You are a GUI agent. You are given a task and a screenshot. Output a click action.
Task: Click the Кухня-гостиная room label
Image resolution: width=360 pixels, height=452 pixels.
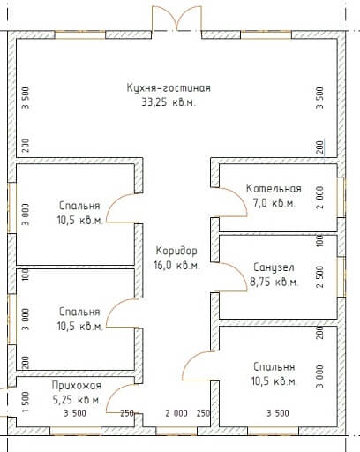coord(169,88)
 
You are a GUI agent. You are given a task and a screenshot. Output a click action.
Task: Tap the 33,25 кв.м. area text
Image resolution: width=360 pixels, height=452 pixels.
coord(169,102)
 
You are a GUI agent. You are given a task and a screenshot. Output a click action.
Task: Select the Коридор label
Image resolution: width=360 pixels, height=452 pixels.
coord(176,251)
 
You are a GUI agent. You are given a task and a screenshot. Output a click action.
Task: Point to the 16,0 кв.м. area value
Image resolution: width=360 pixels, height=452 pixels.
coord(176,265)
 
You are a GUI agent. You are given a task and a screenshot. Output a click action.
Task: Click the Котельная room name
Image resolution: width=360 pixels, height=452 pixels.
coord(274,188)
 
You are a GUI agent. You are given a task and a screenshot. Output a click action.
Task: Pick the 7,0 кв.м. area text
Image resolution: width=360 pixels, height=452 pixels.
coord(274,203)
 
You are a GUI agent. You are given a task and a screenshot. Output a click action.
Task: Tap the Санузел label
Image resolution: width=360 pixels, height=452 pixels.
coord(274,267)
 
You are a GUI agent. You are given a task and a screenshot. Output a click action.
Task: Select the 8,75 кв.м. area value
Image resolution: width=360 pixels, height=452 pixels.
coord(274,282)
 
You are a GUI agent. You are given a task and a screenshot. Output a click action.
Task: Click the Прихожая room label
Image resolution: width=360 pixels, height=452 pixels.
coord(77,385)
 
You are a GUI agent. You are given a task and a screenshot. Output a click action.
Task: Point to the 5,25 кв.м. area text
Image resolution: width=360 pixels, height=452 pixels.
coord(77,400)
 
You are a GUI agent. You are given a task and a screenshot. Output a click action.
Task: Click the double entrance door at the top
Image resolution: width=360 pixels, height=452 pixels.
coord(176,19)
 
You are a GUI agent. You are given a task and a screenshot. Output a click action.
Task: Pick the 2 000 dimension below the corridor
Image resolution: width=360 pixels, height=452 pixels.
coord(176,413)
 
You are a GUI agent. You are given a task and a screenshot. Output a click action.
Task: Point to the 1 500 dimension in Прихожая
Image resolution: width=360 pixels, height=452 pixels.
coord(26,402)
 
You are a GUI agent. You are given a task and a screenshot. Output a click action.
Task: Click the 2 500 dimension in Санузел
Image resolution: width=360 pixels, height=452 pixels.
coord(319,276)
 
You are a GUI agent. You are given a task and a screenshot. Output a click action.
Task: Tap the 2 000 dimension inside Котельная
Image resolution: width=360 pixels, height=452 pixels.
coord(319,197)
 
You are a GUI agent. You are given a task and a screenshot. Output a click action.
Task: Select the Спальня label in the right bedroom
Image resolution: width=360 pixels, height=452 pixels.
coord(274,366)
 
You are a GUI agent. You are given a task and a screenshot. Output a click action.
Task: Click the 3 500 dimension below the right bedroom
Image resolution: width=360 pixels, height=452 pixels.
coord(278,413)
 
